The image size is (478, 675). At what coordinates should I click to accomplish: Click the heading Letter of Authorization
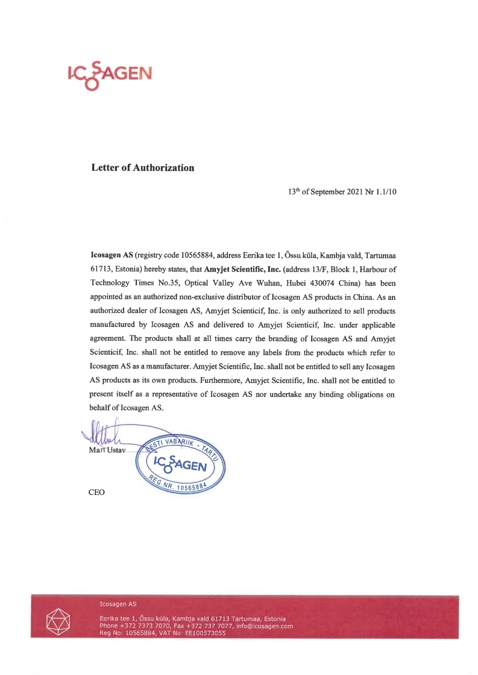point(142,167)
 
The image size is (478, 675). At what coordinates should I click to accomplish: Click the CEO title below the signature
point(96,492)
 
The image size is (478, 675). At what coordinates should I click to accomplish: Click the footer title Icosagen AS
point(118,603)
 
